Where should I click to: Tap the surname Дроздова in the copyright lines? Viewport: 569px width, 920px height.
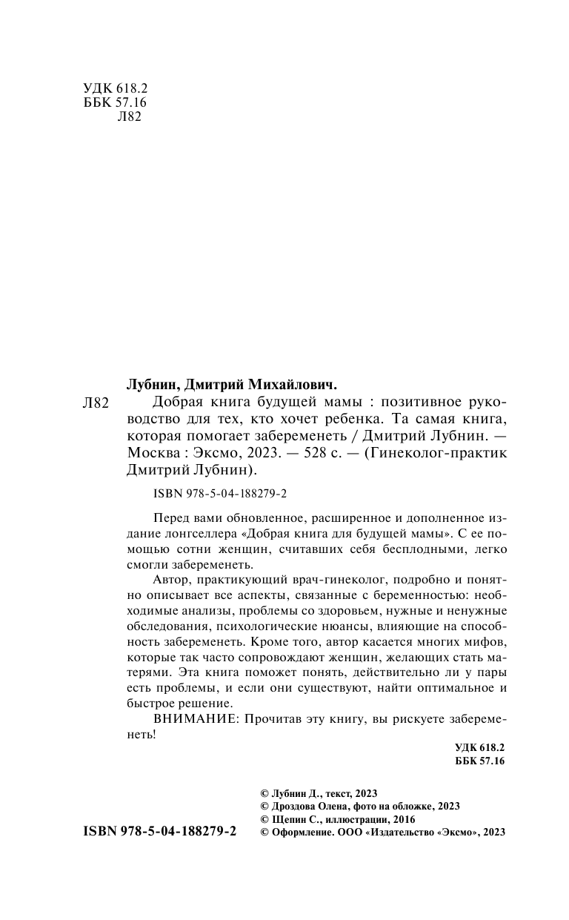(x=298, y=805)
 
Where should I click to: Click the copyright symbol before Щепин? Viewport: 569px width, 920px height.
(x=258, y=819)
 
